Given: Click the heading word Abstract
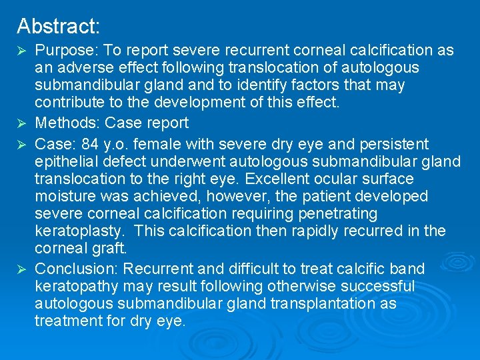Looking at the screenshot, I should (x=58, y=26).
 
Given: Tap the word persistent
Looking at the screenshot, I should (x=397, y=144).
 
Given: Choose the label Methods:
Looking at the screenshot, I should (x=67, y=123).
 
